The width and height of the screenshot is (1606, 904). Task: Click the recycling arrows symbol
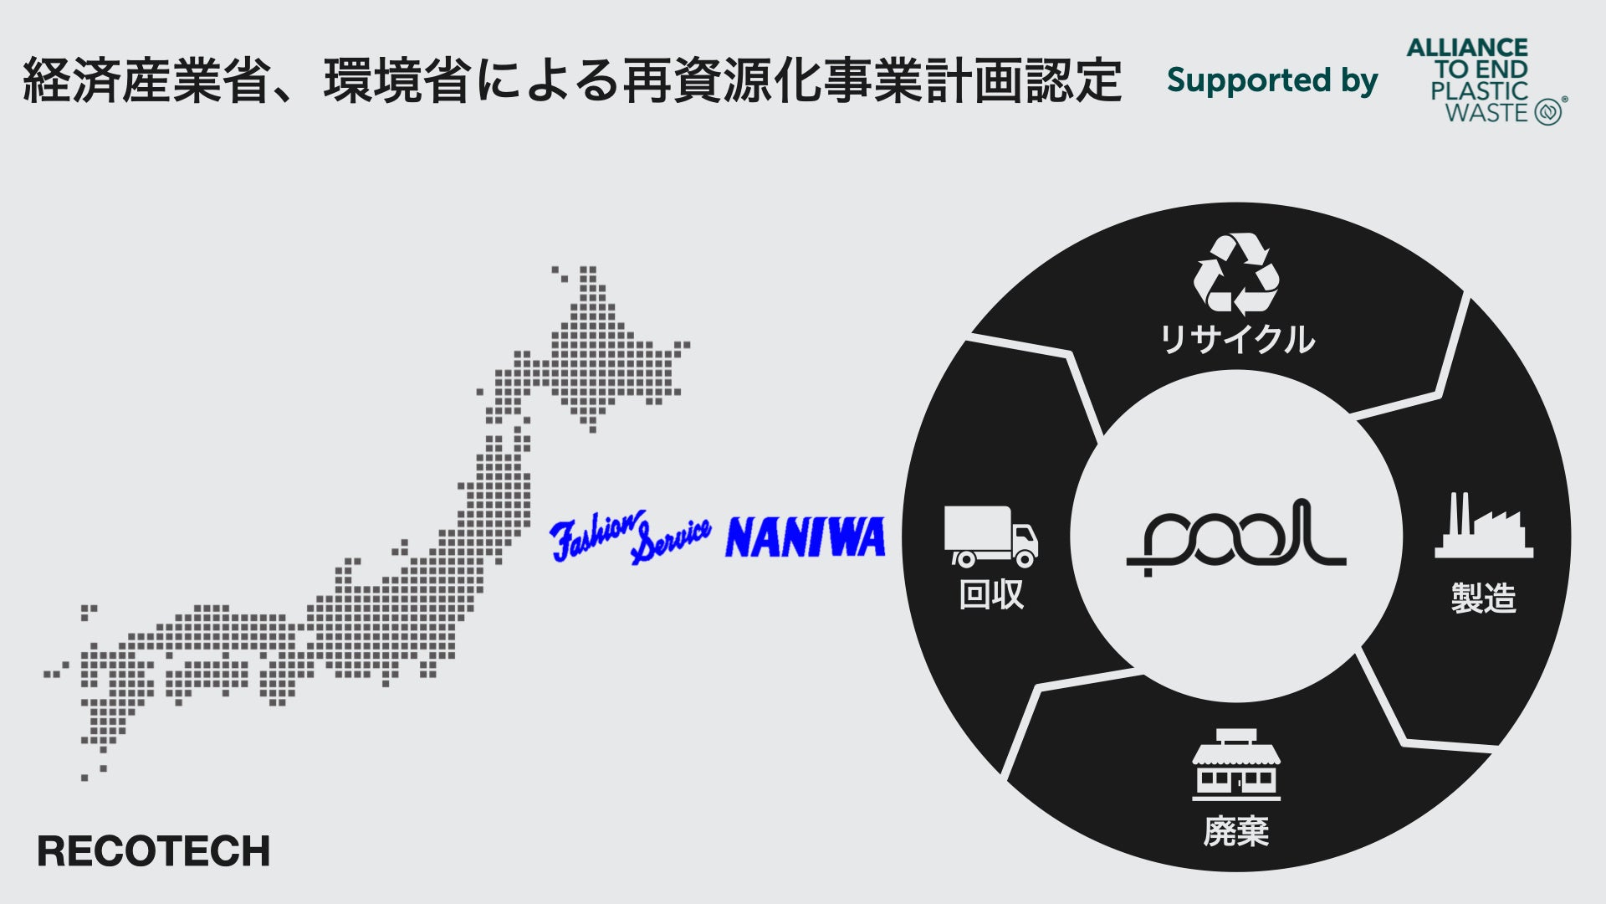coord(1236,275)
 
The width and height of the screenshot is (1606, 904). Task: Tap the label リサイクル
coord(1236,339)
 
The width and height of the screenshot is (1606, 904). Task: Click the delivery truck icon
coord(991,536)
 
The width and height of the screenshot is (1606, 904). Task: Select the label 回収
coord(991,594)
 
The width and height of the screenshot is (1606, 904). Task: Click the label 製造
coord(1484,598)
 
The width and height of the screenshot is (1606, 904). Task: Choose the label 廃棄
coord(1236,830)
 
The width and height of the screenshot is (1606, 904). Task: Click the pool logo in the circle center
coord(1236,536)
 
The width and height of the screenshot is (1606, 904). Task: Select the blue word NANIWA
coord(806,537)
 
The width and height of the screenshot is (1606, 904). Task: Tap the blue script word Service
coord(672,540)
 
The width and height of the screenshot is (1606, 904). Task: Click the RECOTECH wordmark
coord(154,851)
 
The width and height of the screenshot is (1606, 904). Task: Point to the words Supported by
coord(1271,80)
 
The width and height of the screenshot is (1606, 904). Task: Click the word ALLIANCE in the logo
coord(1467,48)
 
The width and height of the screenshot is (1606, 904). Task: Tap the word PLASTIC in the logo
coord(1479,91)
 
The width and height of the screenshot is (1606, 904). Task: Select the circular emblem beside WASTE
coord(1548,112)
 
